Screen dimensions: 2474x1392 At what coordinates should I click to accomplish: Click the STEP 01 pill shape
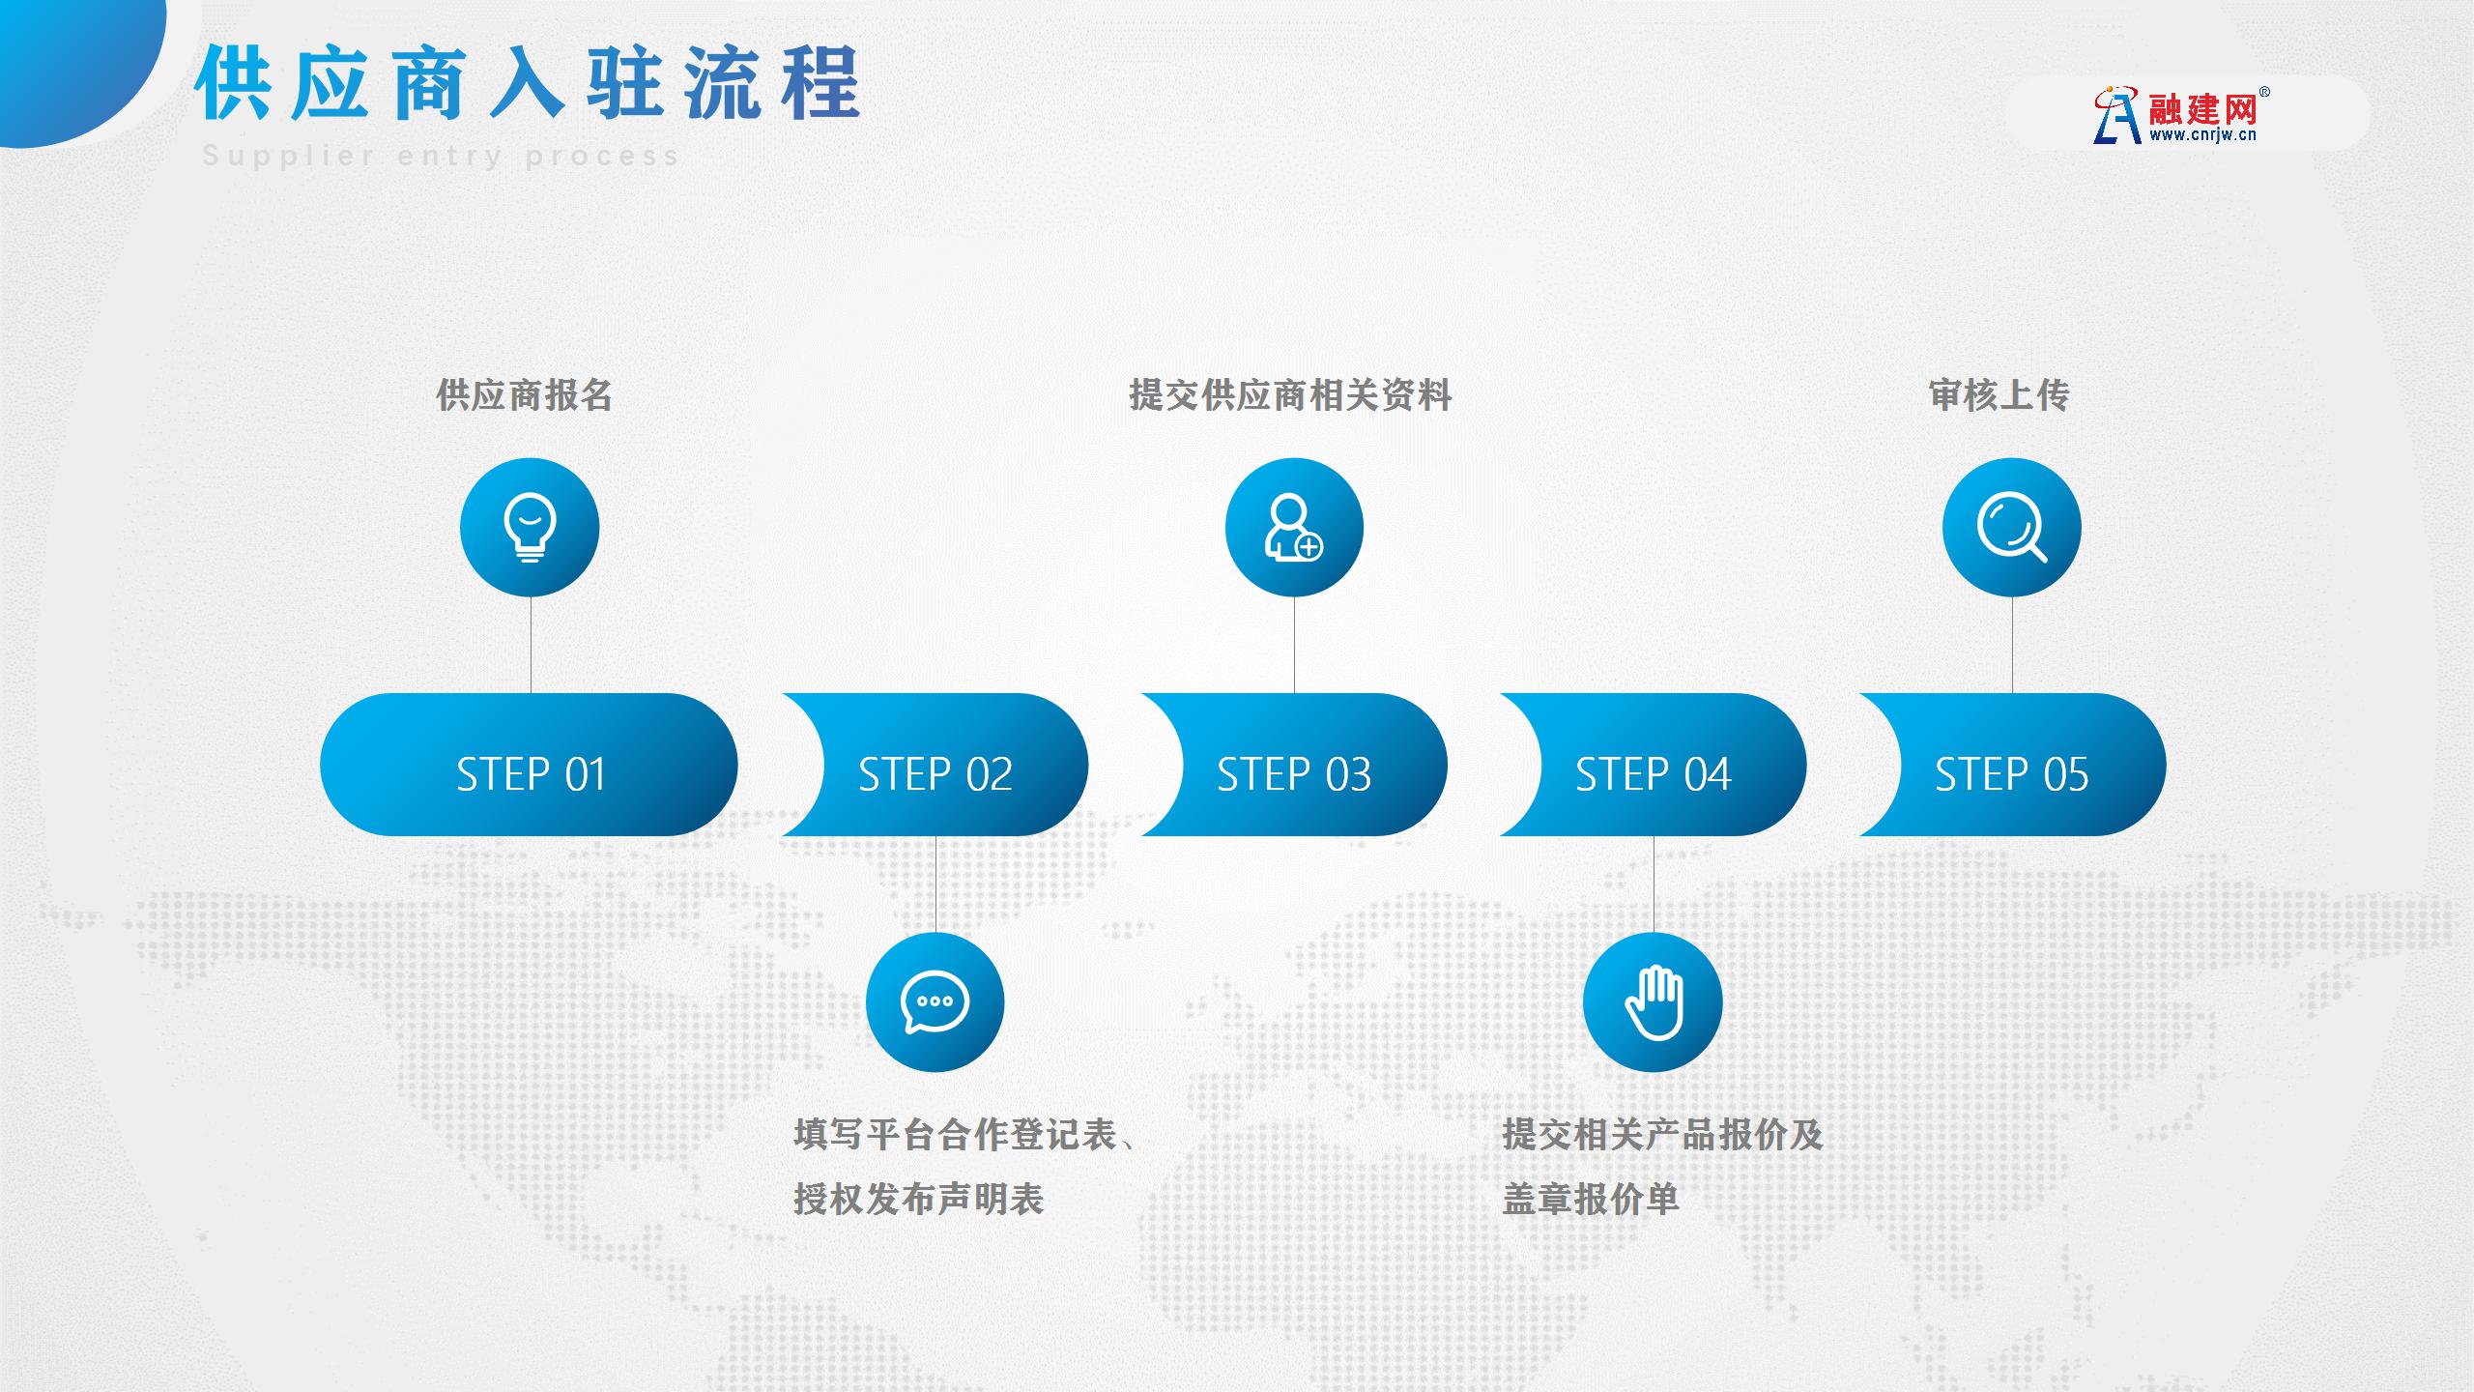point(529,765)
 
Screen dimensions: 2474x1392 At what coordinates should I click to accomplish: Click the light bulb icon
point(530,528)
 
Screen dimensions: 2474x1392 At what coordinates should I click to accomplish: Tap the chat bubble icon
point(935,1002)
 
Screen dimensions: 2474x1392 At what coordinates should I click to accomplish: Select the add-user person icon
point(1294,528)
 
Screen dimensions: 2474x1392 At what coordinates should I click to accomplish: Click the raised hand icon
point(1653,1002)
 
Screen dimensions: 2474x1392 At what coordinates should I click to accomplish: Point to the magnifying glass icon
point(2012,528)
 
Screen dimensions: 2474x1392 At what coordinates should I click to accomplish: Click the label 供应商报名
point(525,395)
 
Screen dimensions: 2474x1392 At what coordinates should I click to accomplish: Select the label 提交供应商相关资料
point(1291,395)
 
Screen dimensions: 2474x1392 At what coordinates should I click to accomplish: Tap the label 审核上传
point(1999,395)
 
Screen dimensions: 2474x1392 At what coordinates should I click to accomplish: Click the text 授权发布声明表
point(919,1200)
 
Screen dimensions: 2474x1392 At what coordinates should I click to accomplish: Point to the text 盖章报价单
point(1591,1200)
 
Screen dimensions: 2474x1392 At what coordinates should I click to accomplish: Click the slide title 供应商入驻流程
point(528,83)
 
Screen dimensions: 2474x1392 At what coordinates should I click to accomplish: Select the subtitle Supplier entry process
point(441,156)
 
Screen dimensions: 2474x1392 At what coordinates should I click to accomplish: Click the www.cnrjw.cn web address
point(2203,135)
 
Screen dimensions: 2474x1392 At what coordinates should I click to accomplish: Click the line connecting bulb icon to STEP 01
point(531,645)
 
